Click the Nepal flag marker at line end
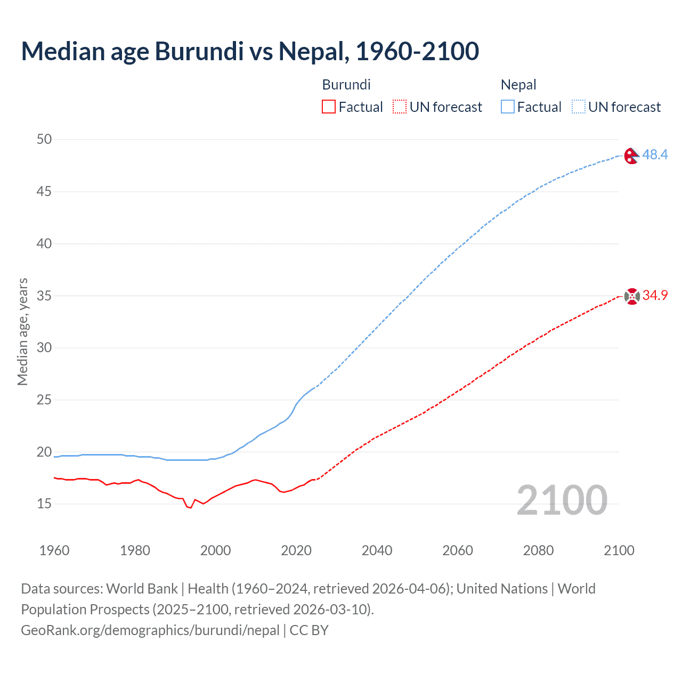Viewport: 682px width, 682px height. click(x=631, y=156)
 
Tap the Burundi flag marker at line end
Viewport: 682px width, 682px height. click(x=632, y=296)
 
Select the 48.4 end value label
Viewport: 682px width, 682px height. click(x=655, y=155)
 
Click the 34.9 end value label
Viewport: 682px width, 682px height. click(x=655, y=295)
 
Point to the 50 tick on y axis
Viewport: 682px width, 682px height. click(x=44, y=140)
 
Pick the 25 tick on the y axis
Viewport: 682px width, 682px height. click(x=44, y=400)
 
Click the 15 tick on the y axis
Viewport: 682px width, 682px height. click(x=44, y=504)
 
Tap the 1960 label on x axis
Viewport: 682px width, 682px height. click(x=54, y=550)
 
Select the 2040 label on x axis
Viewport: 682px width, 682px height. click(x=377, y=550)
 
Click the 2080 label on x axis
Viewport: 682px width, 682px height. click(x=538, y=550)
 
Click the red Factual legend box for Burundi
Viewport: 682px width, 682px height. click(x=329, y=107)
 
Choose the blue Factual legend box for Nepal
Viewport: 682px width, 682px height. click(x=507, y=107)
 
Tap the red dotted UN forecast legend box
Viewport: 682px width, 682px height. click(x=400, y=107)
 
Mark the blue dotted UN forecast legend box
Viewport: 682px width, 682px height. click(x=578, y=107)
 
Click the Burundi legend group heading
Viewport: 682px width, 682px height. click(x=346, y=85)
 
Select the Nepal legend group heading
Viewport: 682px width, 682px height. click(x=518, y=85)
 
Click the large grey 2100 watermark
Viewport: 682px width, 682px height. click(x=562, y=500)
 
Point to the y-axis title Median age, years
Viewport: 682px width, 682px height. click(x=22, y=331)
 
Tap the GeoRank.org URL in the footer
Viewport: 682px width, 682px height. click(x=150, y=630)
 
